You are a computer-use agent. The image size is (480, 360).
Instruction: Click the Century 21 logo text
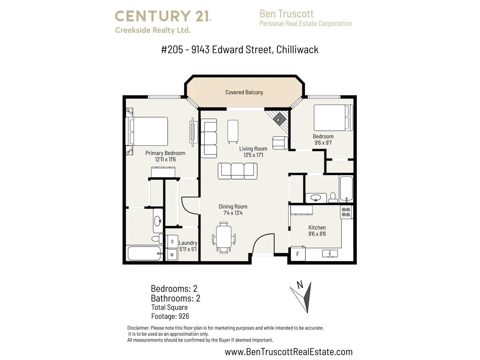(163, 16)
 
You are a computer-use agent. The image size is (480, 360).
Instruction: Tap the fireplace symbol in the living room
(279, 119)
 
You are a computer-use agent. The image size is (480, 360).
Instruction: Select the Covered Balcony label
(244, 92)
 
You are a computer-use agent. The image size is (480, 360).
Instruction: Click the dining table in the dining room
(224, 238)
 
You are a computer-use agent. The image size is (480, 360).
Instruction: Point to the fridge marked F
(298, 254)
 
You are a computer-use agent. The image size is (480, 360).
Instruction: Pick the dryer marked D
(172, 241)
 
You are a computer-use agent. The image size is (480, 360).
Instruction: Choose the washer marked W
(172, 255)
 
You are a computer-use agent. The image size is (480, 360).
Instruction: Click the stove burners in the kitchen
(346, 212)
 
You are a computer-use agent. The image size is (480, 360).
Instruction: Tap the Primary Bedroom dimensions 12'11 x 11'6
(165, 160)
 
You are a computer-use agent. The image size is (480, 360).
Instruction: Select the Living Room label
(253, 149)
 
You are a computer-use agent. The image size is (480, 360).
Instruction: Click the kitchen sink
(330, 253)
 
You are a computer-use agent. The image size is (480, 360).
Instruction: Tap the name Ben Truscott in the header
(286, 14)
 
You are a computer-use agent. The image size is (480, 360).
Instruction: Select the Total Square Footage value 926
(184, 316)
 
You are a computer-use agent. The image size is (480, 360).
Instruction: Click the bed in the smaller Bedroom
(333, 118)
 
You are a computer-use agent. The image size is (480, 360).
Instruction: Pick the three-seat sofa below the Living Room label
(238, 171)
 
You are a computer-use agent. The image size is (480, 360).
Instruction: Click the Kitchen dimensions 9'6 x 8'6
(317, 234)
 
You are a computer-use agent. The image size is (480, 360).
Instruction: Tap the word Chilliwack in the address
(297, 49)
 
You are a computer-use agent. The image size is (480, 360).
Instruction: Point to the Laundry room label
(188, 243)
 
